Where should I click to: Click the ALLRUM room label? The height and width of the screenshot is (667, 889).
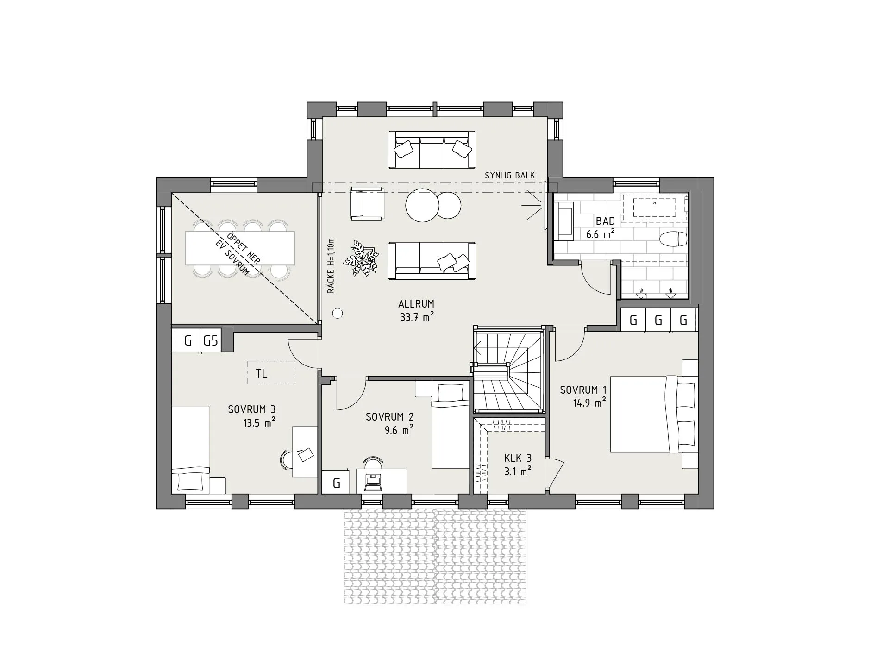pos(416,304)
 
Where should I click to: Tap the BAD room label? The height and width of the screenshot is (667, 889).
pos(605,221)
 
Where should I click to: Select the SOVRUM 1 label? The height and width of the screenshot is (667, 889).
pos(583,390)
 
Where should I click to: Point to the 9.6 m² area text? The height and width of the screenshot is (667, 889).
pos(399,430)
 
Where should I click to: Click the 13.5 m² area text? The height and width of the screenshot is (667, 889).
pos(259,422)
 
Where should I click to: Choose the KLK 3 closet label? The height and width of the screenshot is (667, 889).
pos(518,458)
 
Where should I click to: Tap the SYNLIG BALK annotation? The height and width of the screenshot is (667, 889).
pos(510,176)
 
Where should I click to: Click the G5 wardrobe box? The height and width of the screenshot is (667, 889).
pos(211,341)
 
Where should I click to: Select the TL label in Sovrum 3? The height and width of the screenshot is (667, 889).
pos(262,373)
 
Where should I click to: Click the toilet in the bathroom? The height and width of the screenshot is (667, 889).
pos(673,239)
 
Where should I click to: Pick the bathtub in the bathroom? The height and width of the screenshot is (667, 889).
pos(654,207)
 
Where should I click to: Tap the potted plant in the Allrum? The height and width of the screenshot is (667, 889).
pos(361,258)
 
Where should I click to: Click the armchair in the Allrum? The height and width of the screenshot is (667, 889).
pos(367,203)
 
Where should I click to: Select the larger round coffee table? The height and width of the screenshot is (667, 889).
pos(422,205)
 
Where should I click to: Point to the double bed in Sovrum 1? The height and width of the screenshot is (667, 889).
pos(654,414)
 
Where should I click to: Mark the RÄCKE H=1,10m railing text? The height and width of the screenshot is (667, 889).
pos(331,266)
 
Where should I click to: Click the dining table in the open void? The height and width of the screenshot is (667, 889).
pos(240,248)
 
